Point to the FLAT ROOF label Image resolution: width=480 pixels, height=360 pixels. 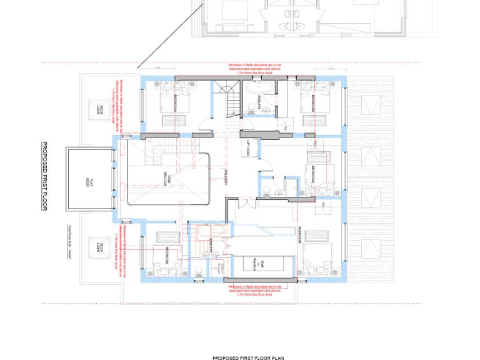click(x=89, y=182)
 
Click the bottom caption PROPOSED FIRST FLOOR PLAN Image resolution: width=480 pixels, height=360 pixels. click(x=248, y=358)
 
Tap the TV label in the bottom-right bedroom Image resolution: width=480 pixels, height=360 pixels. click(x=324, y=205)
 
